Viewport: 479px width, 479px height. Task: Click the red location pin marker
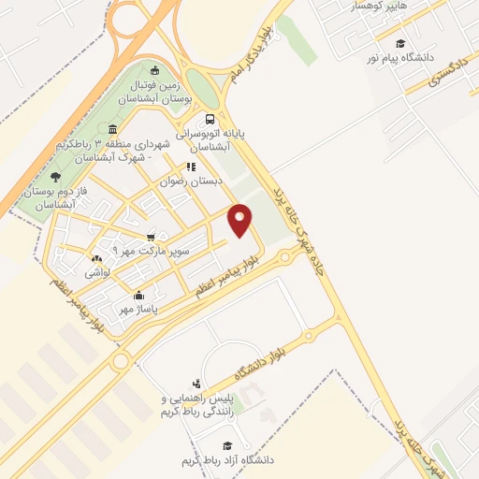coord(240,220)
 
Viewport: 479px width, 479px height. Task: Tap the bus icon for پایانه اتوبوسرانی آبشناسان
coord(210,119)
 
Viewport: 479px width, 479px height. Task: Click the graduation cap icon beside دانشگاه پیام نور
coord(400,43)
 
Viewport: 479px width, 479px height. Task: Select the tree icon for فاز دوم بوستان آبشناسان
coord(55,176)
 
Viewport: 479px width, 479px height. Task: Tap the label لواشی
coord(98,272)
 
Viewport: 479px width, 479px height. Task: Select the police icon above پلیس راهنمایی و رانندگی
coord(196,383)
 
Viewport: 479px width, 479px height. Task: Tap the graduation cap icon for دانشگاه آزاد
coord(225,445)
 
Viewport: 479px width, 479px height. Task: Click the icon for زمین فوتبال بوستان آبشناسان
coord(155,69)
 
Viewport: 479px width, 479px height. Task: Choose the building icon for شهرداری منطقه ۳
coord(112,128)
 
